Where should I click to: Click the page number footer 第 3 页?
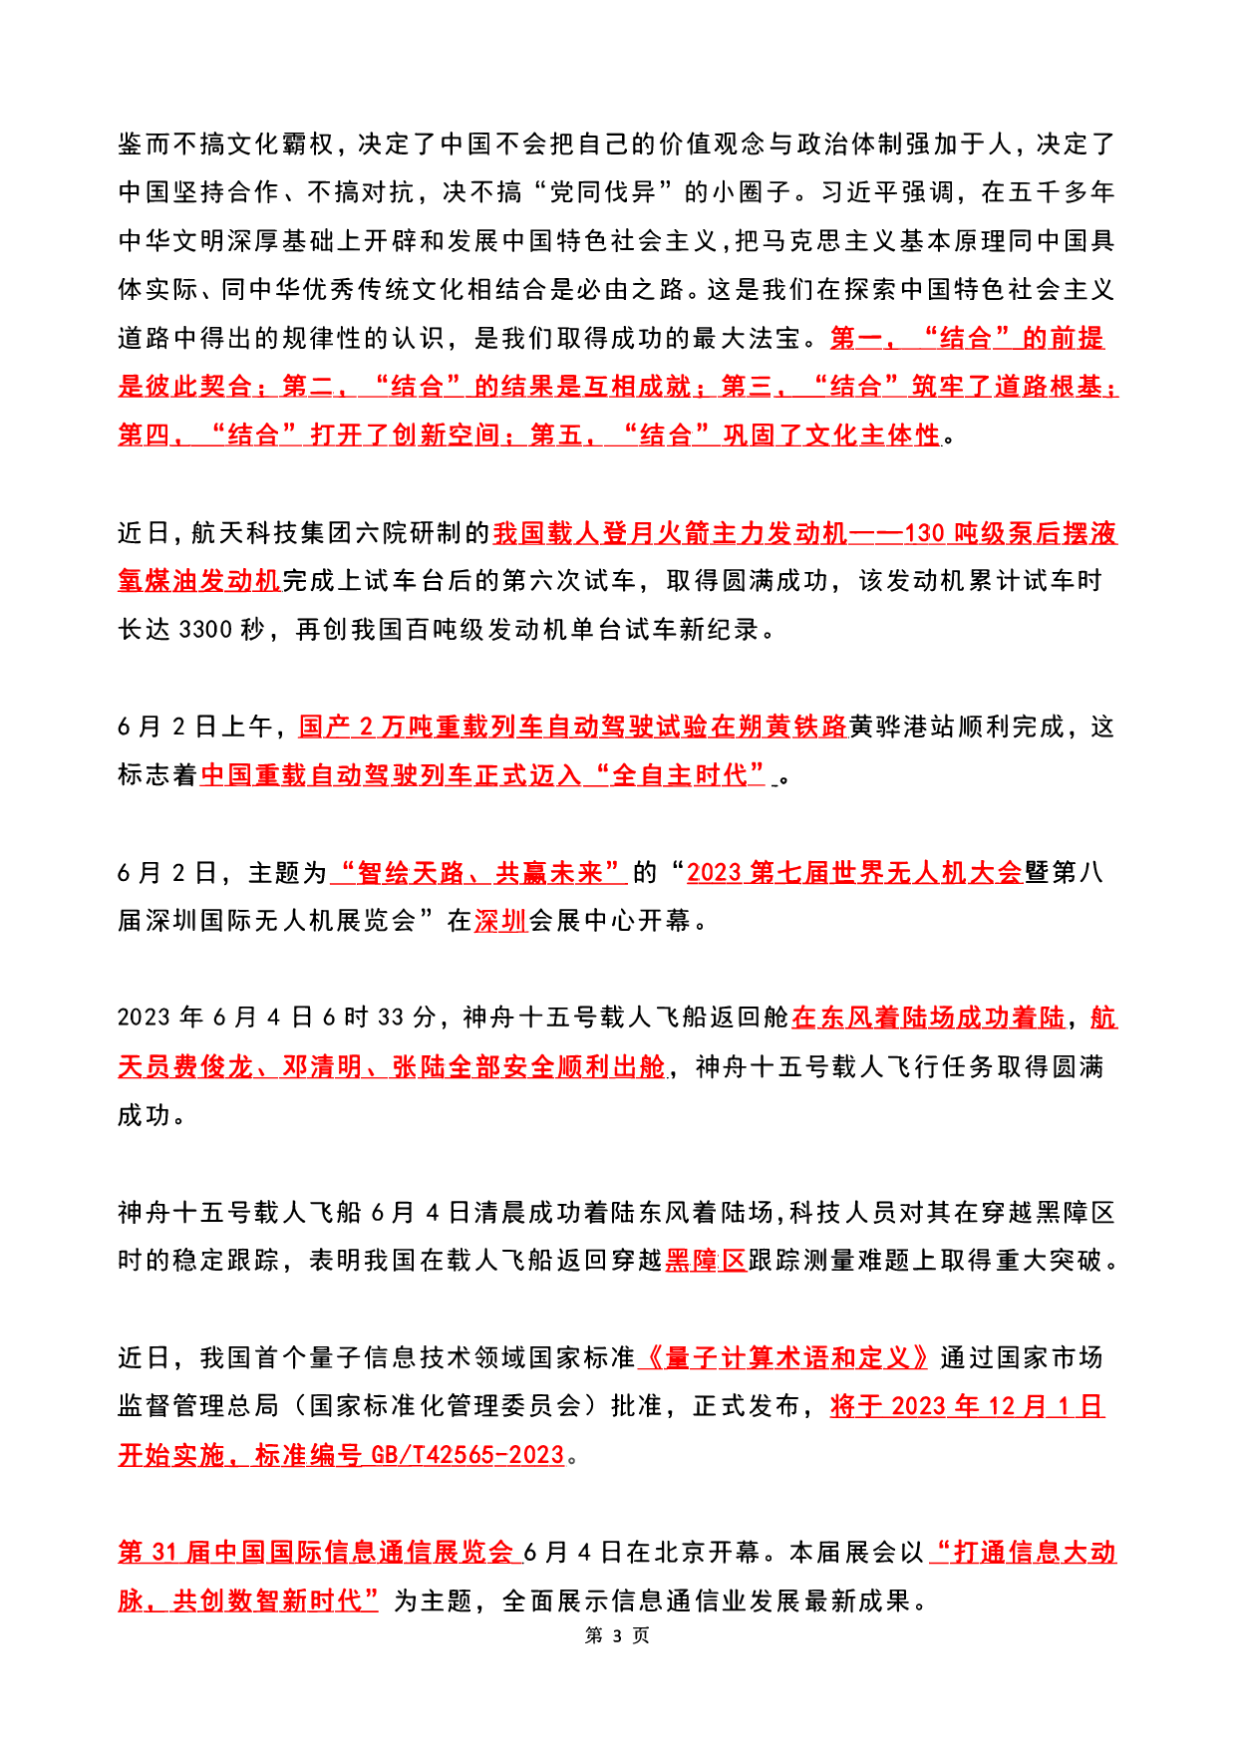(617, 1635)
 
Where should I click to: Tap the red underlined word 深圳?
(500, 921)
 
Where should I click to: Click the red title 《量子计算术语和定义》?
(786, 1357)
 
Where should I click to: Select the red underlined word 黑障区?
(706, 1261)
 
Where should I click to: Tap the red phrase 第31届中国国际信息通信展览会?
(318, 1552)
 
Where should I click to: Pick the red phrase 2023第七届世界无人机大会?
(854, 873)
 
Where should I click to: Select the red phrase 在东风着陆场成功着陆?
(928, 1018)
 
